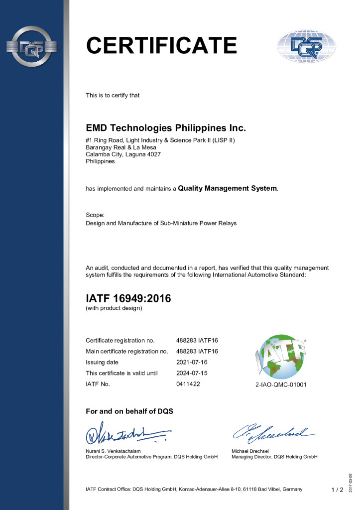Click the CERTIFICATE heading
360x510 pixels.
click(161, 45)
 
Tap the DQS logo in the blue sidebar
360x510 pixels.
click(31, 47)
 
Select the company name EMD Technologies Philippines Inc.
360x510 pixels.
click(166, 128)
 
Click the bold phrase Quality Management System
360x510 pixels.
click(228, 188)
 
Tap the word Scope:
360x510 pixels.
click(95, 215)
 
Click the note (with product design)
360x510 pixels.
click(114, 308)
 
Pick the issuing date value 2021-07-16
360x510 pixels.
click(192, 362)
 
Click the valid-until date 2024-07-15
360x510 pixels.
click(192, 373)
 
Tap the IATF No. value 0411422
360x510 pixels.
click(188, 384)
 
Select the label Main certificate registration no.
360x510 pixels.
click(126, 351)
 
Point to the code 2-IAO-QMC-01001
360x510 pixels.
click(280, 385)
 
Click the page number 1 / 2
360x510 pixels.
click(337, 490)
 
